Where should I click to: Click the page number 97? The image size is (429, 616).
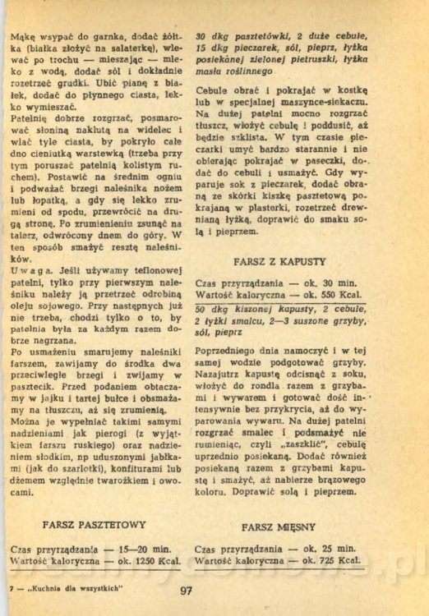pyautogui.click(x=185, y=589)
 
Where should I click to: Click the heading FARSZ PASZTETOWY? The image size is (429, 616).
pyautogui.click(x=95, y=524)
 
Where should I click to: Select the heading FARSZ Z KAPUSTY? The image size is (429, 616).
pyautogui.click(x=279, y=260)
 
